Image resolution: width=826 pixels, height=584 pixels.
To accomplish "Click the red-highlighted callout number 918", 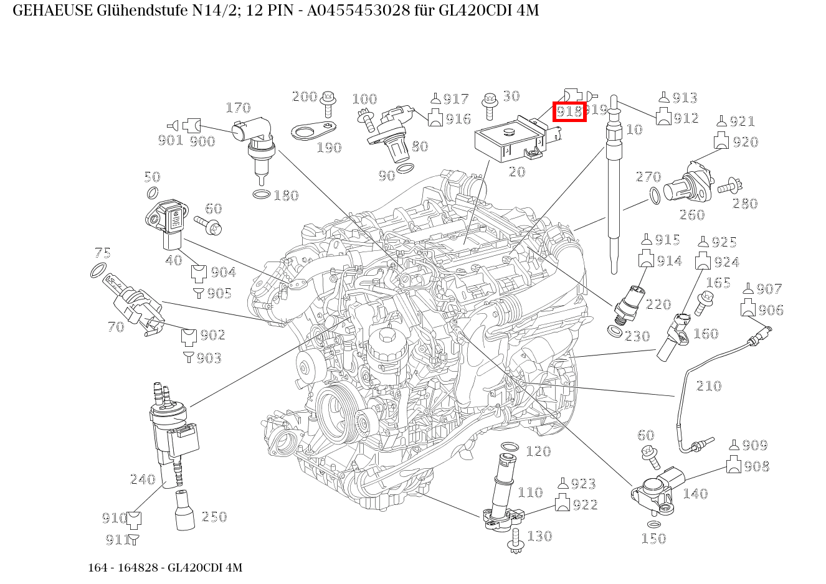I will (x=569, y=111).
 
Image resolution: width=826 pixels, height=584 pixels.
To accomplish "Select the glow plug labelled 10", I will (x=614, y=187).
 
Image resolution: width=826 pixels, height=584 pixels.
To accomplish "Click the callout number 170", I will (x=237, y=108).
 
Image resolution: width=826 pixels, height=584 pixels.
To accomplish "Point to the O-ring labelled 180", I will (x=262, y=195).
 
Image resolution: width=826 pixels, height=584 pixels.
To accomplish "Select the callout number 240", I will (x=142, y=479).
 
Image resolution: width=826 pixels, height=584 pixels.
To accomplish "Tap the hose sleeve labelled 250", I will (x=185, y=510).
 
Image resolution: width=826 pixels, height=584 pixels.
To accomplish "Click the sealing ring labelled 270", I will (x=655, y=195).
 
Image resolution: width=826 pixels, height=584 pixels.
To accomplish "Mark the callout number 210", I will (x=708, y=386).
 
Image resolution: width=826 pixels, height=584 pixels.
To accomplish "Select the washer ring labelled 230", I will (x=615, y=331).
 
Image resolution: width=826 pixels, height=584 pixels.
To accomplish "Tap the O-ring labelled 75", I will (x=97, y=271).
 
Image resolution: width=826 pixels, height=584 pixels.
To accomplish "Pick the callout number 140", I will (x=695, y=494).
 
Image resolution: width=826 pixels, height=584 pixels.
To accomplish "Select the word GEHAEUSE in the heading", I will (x=53, y=11).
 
